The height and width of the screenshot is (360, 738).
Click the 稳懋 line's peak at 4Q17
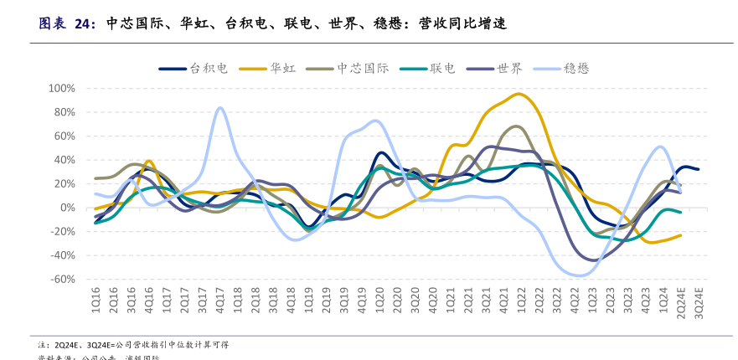coord(220,108)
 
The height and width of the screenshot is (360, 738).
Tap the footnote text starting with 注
coord(134,345)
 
